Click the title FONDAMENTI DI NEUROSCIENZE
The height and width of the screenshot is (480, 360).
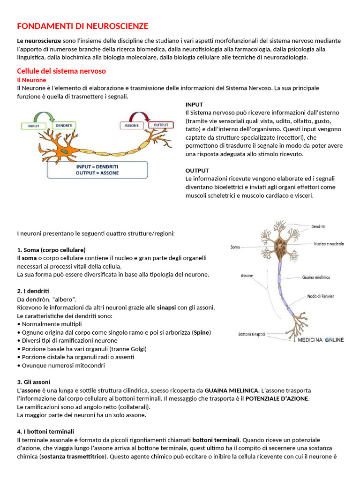[x=82, y=26]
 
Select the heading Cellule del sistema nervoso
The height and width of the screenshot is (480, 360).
[x=61, y=71]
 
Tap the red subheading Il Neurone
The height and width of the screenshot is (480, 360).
[x=31, y=80]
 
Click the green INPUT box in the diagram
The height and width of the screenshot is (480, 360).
[x=34, y=126]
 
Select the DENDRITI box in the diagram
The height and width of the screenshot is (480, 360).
[x=63, y=126]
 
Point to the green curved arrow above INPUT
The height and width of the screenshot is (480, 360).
[x=47, y=115]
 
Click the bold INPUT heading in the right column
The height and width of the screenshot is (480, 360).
[x=194, y=105]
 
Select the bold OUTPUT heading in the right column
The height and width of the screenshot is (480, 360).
[x=197, y=171]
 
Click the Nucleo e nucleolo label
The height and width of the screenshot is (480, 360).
[x=329, y=244]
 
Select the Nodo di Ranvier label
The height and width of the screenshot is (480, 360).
[x=321, y=296]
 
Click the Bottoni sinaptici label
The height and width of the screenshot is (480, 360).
[x=252, y=334]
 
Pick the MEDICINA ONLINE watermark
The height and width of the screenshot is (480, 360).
[x=321, y=340]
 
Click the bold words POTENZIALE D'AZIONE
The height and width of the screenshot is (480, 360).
[x=277, y=398]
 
